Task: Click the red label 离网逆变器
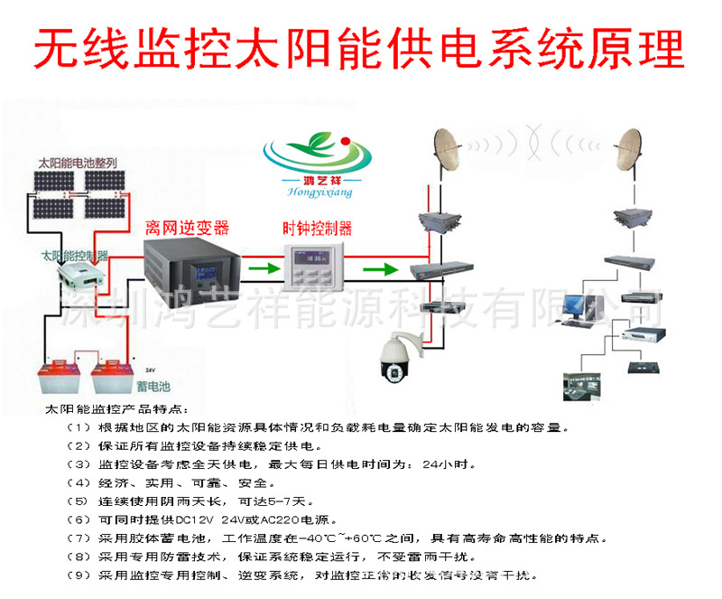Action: (188, 226)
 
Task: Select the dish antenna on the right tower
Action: (632, 148)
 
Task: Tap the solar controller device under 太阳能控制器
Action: (72, 276)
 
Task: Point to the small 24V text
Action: (150, 370)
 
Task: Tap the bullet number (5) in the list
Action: (79, 501)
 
